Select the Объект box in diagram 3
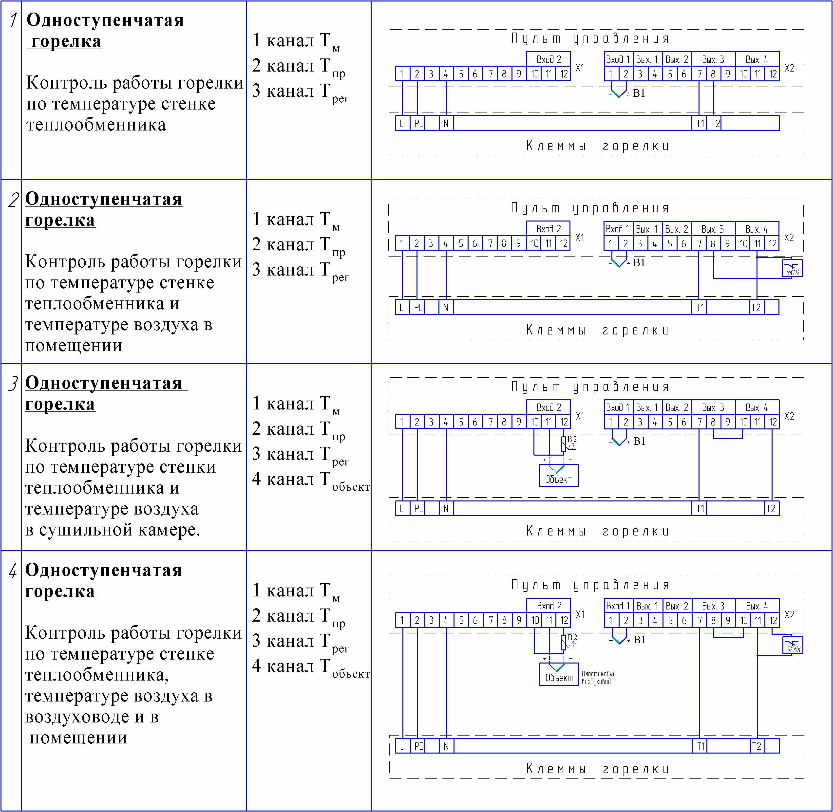(x=559, y=476)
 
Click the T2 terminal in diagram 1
(x=715, y=124)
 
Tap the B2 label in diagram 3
(x=572, y=439)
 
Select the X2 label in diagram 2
(x=789, y=238)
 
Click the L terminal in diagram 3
(x=401, y=508)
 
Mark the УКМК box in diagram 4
(x=793, y=645)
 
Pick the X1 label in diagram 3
(x=580, y=416)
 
